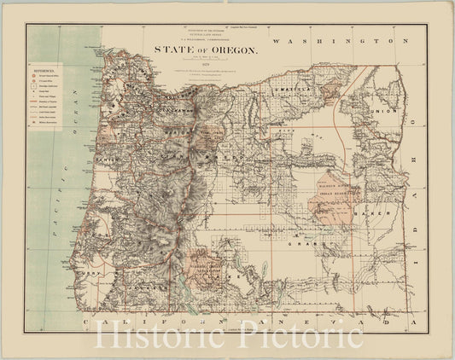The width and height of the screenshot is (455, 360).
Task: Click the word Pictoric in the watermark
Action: coord(294,334)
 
